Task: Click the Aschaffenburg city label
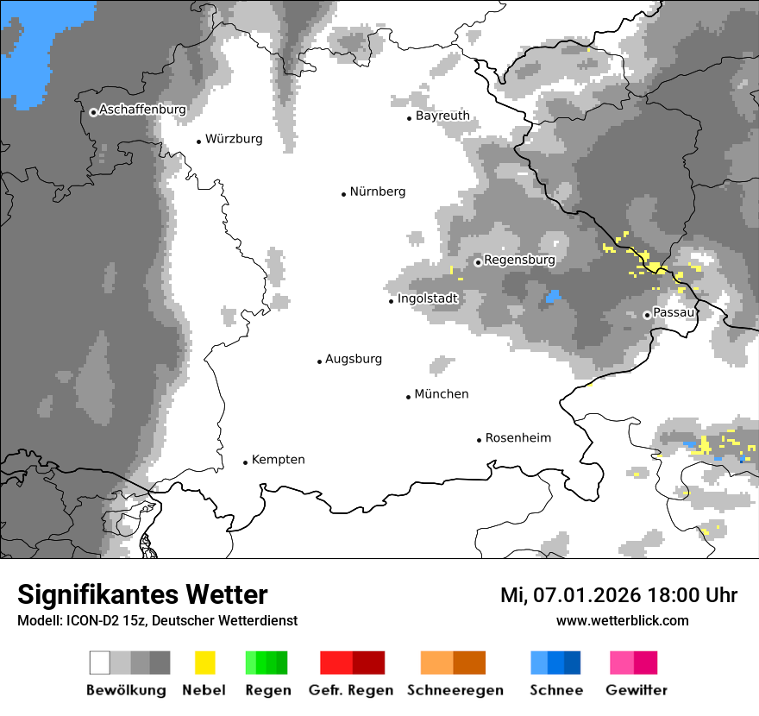coord(142,110)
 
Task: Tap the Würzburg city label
coord(234,139)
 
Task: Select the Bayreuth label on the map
coord(442,116)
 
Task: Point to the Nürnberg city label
coord(378,192)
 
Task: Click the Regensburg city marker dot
coord(478,261)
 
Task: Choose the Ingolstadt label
coord(428,298)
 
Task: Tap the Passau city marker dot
coord(647,315)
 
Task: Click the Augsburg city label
coord(354,360)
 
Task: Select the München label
coord(442,394)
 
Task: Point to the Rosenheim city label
coord(518,438)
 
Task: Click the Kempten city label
coord(278,460)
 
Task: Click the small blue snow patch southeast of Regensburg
coord(553,297)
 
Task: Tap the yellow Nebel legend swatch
coord(204,663)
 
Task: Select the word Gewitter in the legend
coord(637,690)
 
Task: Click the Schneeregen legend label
coord(455,690)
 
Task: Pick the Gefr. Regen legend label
coord(351,690)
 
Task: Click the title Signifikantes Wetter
coord(142,594)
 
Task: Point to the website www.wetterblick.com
coord(622,620)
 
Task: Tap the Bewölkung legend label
coord(126,690)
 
